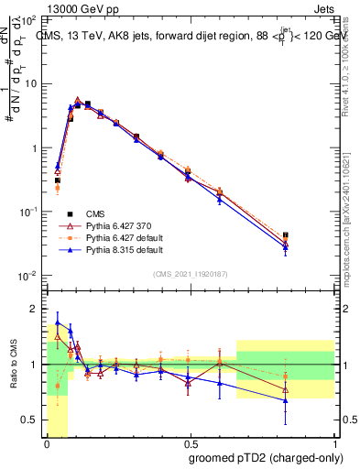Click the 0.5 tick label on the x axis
click(x=190, y=442)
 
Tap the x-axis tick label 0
click(x=47, y=442)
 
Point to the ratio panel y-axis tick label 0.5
click(x=30, y=420)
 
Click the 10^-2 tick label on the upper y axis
click(x=29, y=276)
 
